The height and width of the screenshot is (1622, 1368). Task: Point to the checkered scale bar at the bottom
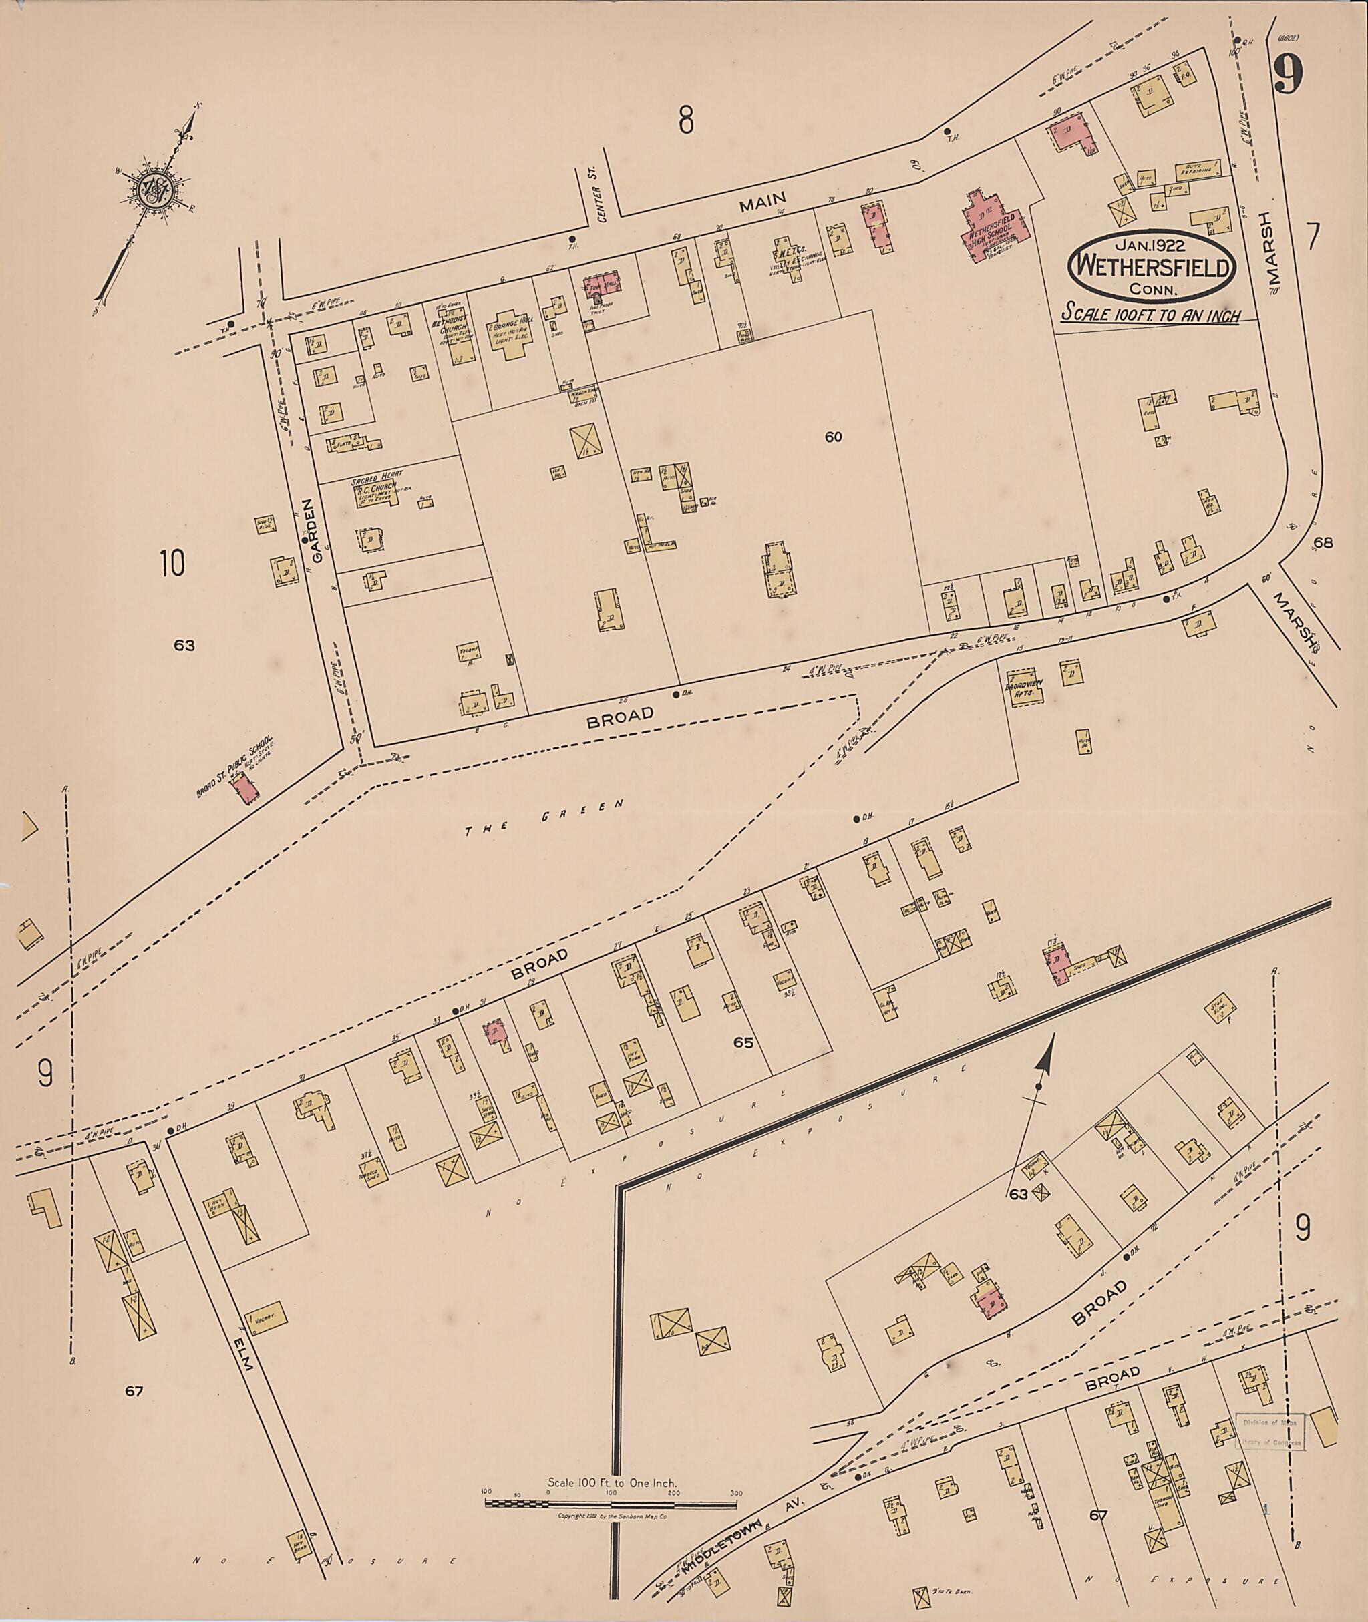611,961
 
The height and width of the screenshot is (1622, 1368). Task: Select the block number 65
743,1042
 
